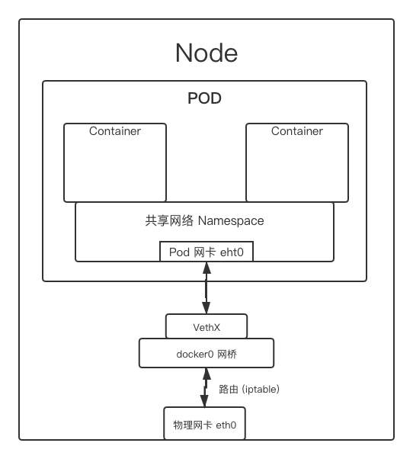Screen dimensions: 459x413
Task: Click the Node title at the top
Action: pos(206,53)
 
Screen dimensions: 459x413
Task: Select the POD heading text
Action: pos(204,99)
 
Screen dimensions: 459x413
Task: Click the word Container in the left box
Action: pos(114,131)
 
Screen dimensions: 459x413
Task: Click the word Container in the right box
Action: pos(296,131)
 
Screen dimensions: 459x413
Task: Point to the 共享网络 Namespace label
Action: pos(204,221)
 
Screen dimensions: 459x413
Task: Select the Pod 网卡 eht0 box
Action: pos(206,252)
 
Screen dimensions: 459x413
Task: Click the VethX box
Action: pos(206,326)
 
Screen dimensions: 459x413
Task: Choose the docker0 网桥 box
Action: pos(206,353)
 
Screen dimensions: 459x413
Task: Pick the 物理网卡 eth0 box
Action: pos(205,424)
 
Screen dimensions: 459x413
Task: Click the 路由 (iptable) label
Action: pos(249,389)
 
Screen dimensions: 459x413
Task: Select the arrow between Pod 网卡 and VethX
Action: pos(206,287)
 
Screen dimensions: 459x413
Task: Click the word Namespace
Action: pos(231,221)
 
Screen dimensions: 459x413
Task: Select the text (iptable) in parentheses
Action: pos(261,389)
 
